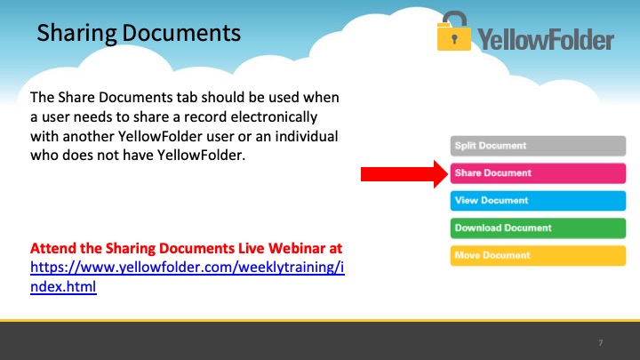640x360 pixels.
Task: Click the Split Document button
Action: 538,146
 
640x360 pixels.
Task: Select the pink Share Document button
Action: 538,173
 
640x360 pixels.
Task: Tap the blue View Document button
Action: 538,200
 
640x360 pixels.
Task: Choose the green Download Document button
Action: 538,228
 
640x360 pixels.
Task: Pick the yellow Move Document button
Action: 538,255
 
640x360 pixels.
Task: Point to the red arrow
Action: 404,174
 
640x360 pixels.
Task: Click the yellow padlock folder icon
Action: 453,31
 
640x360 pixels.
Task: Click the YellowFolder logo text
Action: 546,40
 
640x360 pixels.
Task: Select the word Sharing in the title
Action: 76,34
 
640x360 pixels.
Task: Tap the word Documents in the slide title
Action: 181,33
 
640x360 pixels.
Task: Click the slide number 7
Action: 600,343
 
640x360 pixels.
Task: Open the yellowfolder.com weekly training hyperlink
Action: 188,276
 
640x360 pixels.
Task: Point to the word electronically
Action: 274,116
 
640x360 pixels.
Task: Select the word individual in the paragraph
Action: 306,136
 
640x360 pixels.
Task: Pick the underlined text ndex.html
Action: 63,286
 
